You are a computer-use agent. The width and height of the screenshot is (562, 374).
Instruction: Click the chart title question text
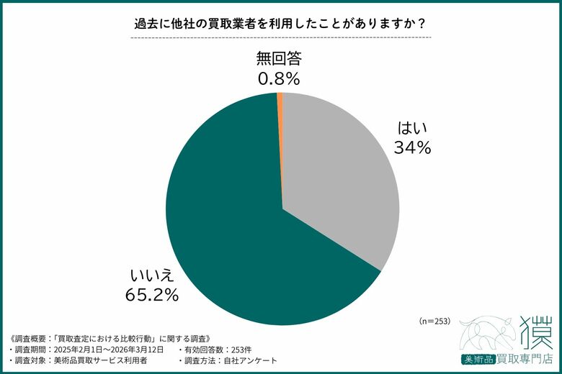(280, 23)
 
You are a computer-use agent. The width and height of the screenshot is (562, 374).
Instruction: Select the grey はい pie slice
(339, 180)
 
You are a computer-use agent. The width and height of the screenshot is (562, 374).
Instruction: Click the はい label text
(413, 129)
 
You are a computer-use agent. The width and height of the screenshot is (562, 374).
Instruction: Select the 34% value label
(411, 148)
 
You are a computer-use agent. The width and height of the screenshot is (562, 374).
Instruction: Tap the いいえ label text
(153, 275)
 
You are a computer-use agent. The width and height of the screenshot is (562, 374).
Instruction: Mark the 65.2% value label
(151, 294)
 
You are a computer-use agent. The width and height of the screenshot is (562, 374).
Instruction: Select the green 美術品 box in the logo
(478, 358)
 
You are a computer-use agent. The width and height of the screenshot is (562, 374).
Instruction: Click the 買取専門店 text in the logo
(524, 358)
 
